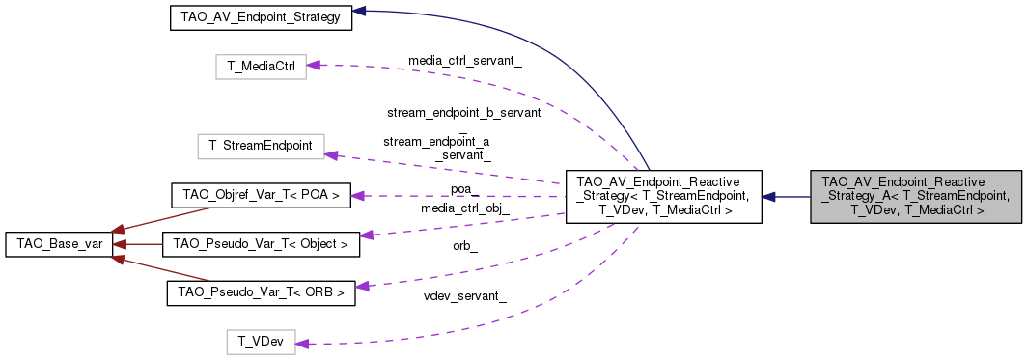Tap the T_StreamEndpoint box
tap(260, 147)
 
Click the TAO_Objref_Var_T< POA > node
tap(260, 195)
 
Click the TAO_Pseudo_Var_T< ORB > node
tap(260, 292)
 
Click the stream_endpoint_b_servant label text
tap(463, 112)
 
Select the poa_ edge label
tap(464, 189)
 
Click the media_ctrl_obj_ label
tap(464, 208)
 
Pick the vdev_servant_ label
tap(465, 295)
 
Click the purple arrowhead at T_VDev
tap(301, 343)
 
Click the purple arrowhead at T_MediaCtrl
tap(313, 66)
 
